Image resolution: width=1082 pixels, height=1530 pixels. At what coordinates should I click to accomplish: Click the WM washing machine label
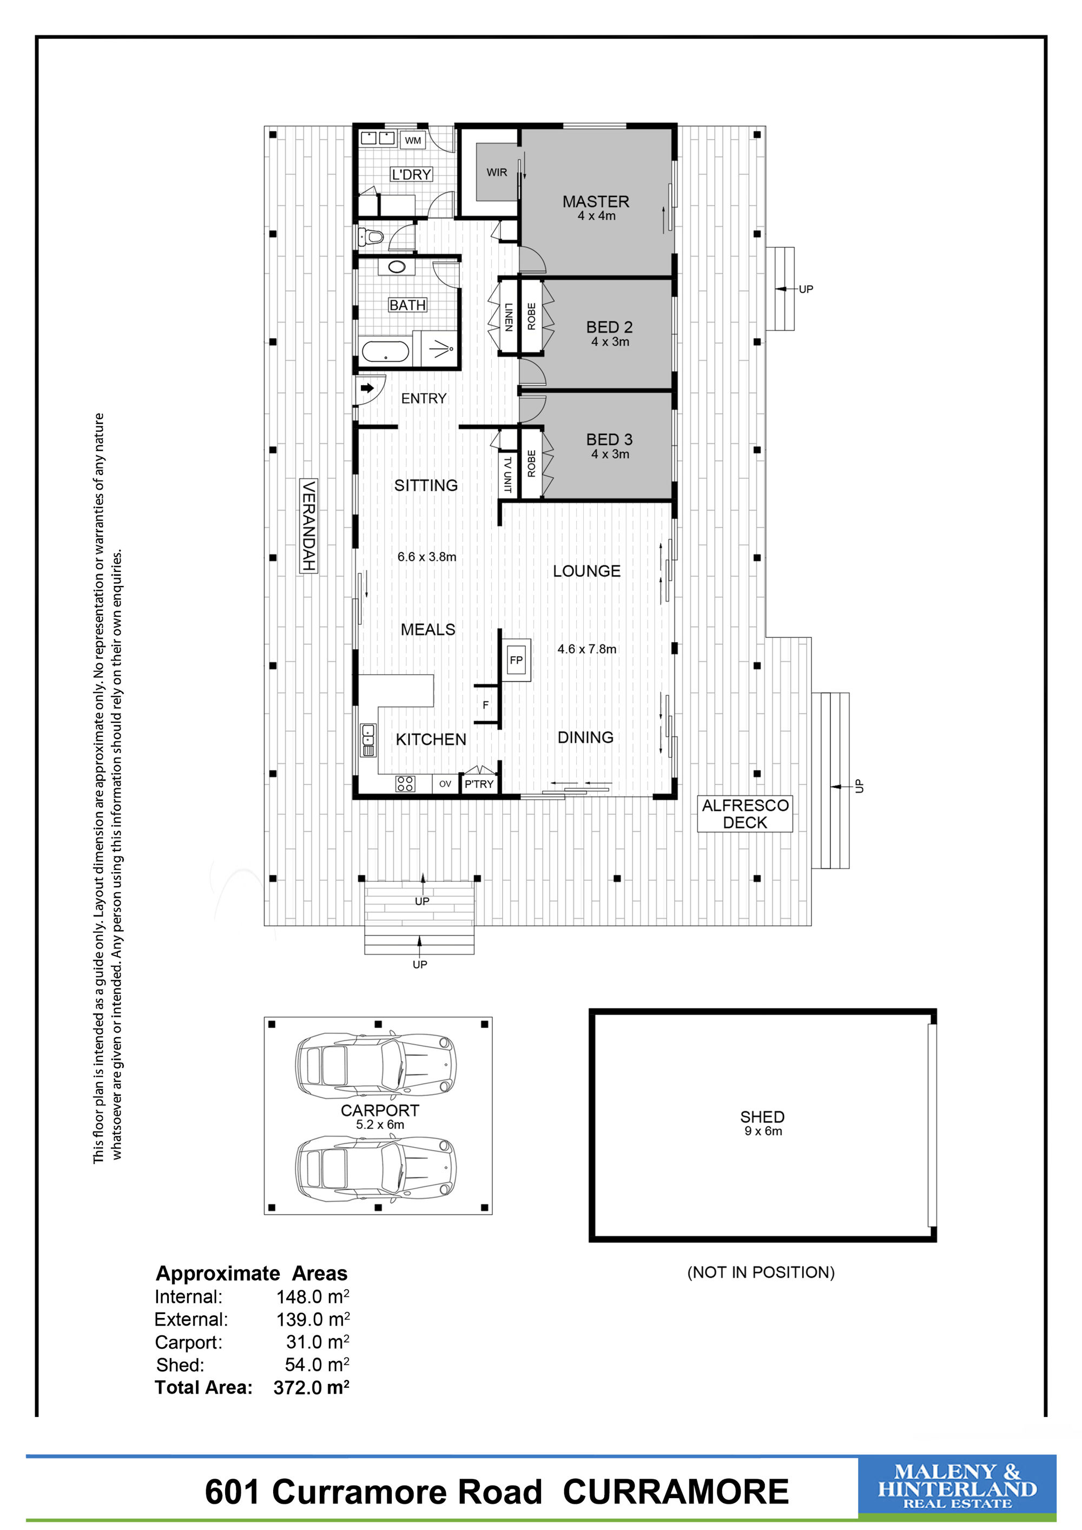tap(413, 140)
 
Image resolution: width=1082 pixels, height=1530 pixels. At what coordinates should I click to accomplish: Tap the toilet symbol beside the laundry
tap(371, 236)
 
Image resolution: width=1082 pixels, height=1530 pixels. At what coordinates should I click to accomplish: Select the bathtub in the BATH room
tap(385, 352)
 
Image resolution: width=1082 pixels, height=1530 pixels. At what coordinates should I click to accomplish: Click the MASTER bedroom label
tap(596, 201)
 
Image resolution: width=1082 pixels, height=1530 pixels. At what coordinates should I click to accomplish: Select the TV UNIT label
tap(507, 474)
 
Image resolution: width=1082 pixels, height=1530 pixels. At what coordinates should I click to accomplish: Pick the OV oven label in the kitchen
tap(445, 783)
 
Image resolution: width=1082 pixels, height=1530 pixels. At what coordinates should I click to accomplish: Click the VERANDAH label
tap(308, 525)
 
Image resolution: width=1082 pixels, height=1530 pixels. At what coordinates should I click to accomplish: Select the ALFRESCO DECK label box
tap(745, 814)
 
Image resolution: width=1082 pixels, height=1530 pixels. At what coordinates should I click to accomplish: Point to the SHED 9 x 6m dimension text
tap(763, 1131)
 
